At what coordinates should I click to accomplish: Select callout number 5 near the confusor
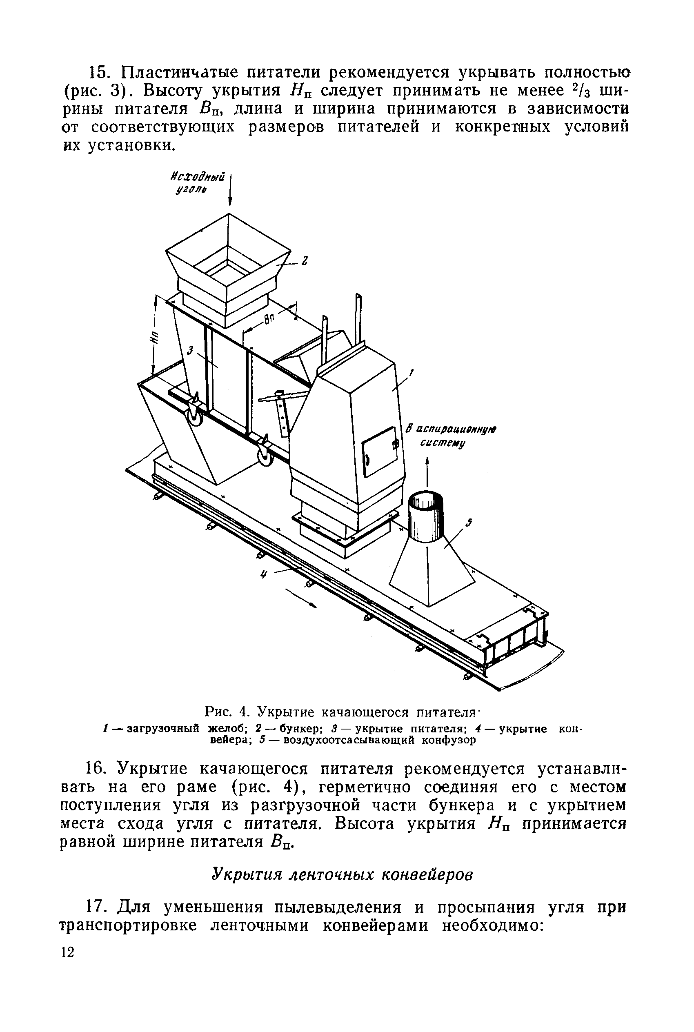tap(469, 523)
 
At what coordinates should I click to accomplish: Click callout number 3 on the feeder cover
tap(191, 351)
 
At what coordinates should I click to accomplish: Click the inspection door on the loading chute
tap(379, 451)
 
